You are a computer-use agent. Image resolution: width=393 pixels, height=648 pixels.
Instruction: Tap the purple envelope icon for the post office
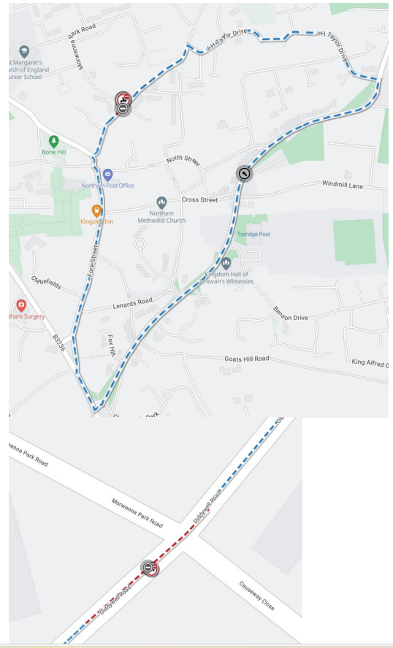point(107,174)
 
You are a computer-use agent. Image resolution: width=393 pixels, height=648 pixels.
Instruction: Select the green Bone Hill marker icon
point(53,140)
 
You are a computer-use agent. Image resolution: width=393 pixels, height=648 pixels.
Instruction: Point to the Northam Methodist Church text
point(163,216)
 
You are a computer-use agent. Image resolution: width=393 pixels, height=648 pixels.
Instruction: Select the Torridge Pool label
point(253,235)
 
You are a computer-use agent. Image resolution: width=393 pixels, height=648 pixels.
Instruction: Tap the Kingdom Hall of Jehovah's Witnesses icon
point(226,262)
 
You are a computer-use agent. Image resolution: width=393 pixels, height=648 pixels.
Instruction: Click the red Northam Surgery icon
point(21,304)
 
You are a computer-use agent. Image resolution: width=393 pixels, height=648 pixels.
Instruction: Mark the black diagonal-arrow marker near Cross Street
point(244,173)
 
